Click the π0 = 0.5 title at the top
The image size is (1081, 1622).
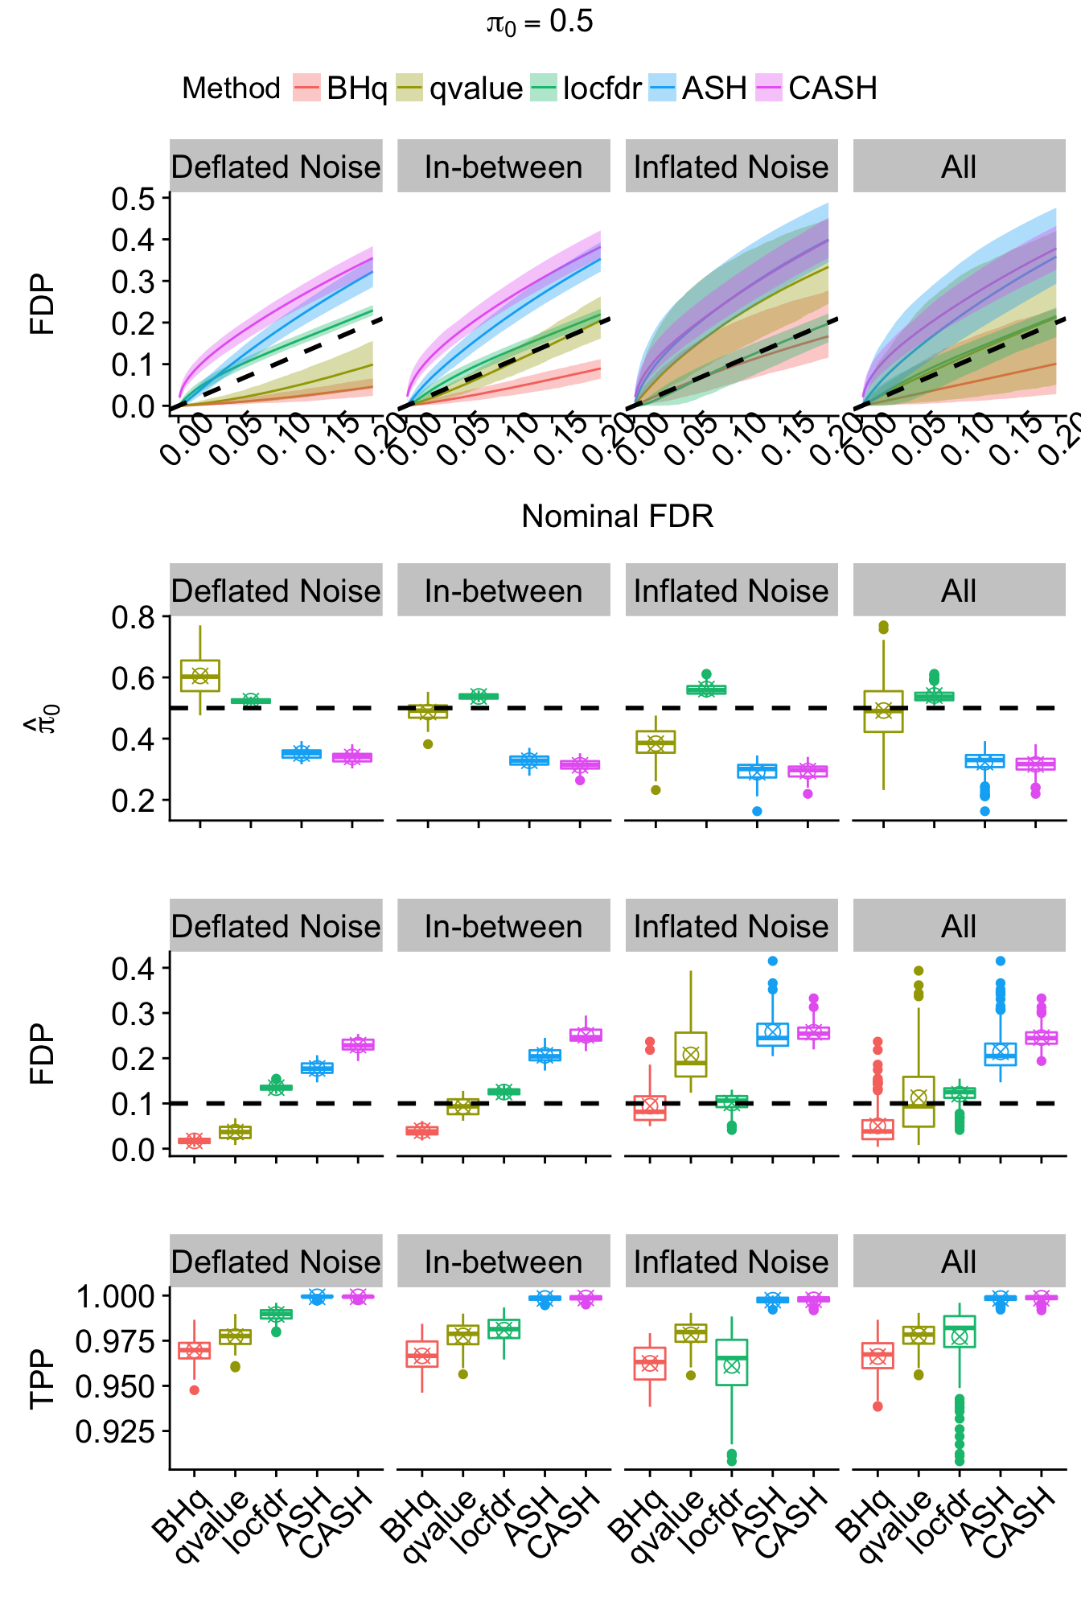[540, 23]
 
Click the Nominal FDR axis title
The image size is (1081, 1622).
[617, 517]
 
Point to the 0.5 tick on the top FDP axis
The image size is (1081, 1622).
[134, 198]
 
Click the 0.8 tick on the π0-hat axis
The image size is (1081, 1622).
[134, 617]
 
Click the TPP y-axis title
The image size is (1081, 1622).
[42, 1379]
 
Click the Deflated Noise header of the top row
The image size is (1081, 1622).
[276, 167]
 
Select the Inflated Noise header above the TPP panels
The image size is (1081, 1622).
[731, 1262]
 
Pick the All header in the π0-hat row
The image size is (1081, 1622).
[959, 591]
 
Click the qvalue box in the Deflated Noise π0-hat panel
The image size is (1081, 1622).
[200, 676]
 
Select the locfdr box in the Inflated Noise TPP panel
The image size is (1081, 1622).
[732, 1362]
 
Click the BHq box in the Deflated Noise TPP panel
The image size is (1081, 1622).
[195, 1351]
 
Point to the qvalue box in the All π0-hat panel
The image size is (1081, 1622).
[883, 711]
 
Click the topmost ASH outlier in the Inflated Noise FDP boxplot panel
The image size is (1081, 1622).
[773, 961]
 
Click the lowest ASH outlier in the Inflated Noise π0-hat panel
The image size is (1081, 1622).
[757, 811]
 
